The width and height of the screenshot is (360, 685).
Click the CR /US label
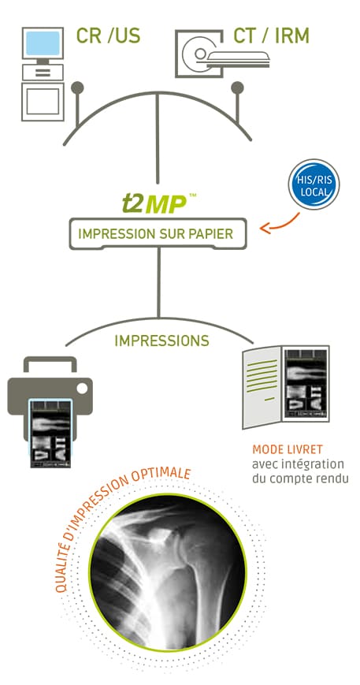click(108, 35)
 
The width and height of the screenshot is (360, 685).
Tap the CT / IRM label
click(271, 35)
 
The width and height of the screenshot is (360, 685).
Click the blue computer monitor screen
click(43, 43)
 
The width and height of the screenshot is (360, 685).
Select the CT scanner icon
click(222, 54)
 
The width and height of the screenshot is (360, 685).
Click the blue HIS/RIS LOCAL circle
click(314, 184)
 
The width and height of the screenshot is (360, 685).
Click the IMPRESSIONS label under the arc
click(162, 341)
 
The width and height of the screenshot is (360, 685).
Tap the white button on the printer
click(82, 388)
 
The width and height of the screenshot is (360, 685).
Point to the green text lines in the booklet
click(262, 378)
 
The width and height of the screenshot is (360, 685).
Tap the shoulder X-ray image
click(168, 572)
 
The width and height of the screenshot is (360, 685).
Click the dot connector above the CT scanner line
click(238, 87)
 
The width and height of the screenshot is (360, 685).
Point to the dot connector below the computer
click(77, 87)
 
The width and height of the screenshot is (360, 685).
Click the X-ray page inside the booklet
click(306, 385)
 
